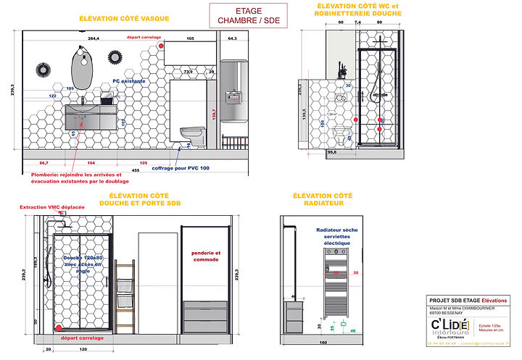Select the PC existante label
click(x=128, y=82)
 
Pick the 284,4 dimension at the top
click(x=93, y=37)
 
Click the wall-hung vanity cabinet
click(x=92, y=114)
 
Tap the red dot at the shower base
click(x=58, y=327)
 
